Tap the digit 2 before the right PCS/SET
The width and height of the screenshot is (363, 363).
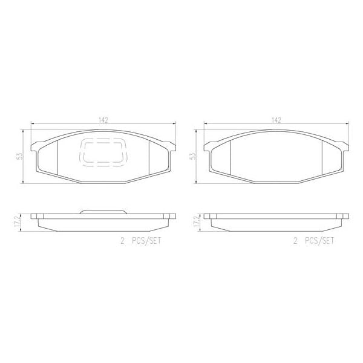point(295,240)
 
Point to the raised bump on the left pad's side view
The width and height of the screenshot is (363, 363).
point(103,211)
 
